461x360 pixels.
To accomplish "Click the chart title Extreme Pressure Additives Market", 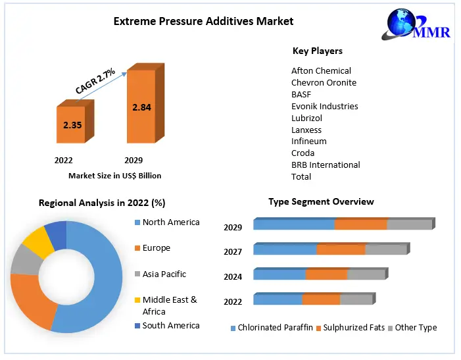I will tap(203, 21).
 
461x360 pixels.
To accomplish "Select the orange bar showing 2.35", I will tap(73, 124).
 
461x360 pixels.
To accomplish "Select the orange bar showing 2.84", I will tap(142, 107).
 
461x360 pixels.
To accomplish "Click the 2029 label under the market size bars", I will tap(133, 160).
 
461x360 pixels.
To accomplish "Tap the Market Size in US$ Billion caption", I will tap(114, 176).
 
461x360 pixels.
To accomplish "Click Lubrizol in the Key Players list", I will tap(307, 118).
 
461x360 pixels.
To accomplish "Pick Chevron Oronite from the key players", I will tap(324, 82).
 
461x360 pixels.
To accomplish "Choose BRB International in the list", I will tap(326, 165).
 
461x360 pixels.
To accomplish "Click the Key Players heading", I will tap(317, 51).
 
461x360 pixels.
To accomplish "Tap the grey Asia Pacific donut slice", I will tap(24, 259).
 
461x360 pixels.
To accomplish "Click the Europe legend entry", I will tap(156, 248).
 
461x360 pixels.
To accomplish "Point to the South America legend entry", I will tap(170, 325).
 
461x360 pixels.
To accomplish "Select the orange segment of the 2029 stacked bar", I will tap(360, 224).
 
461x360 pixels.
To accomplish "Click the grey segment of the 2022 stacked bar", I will tap(356, 299).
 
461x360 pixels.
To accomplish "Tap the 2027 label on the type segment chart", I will tap(233, 251).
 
